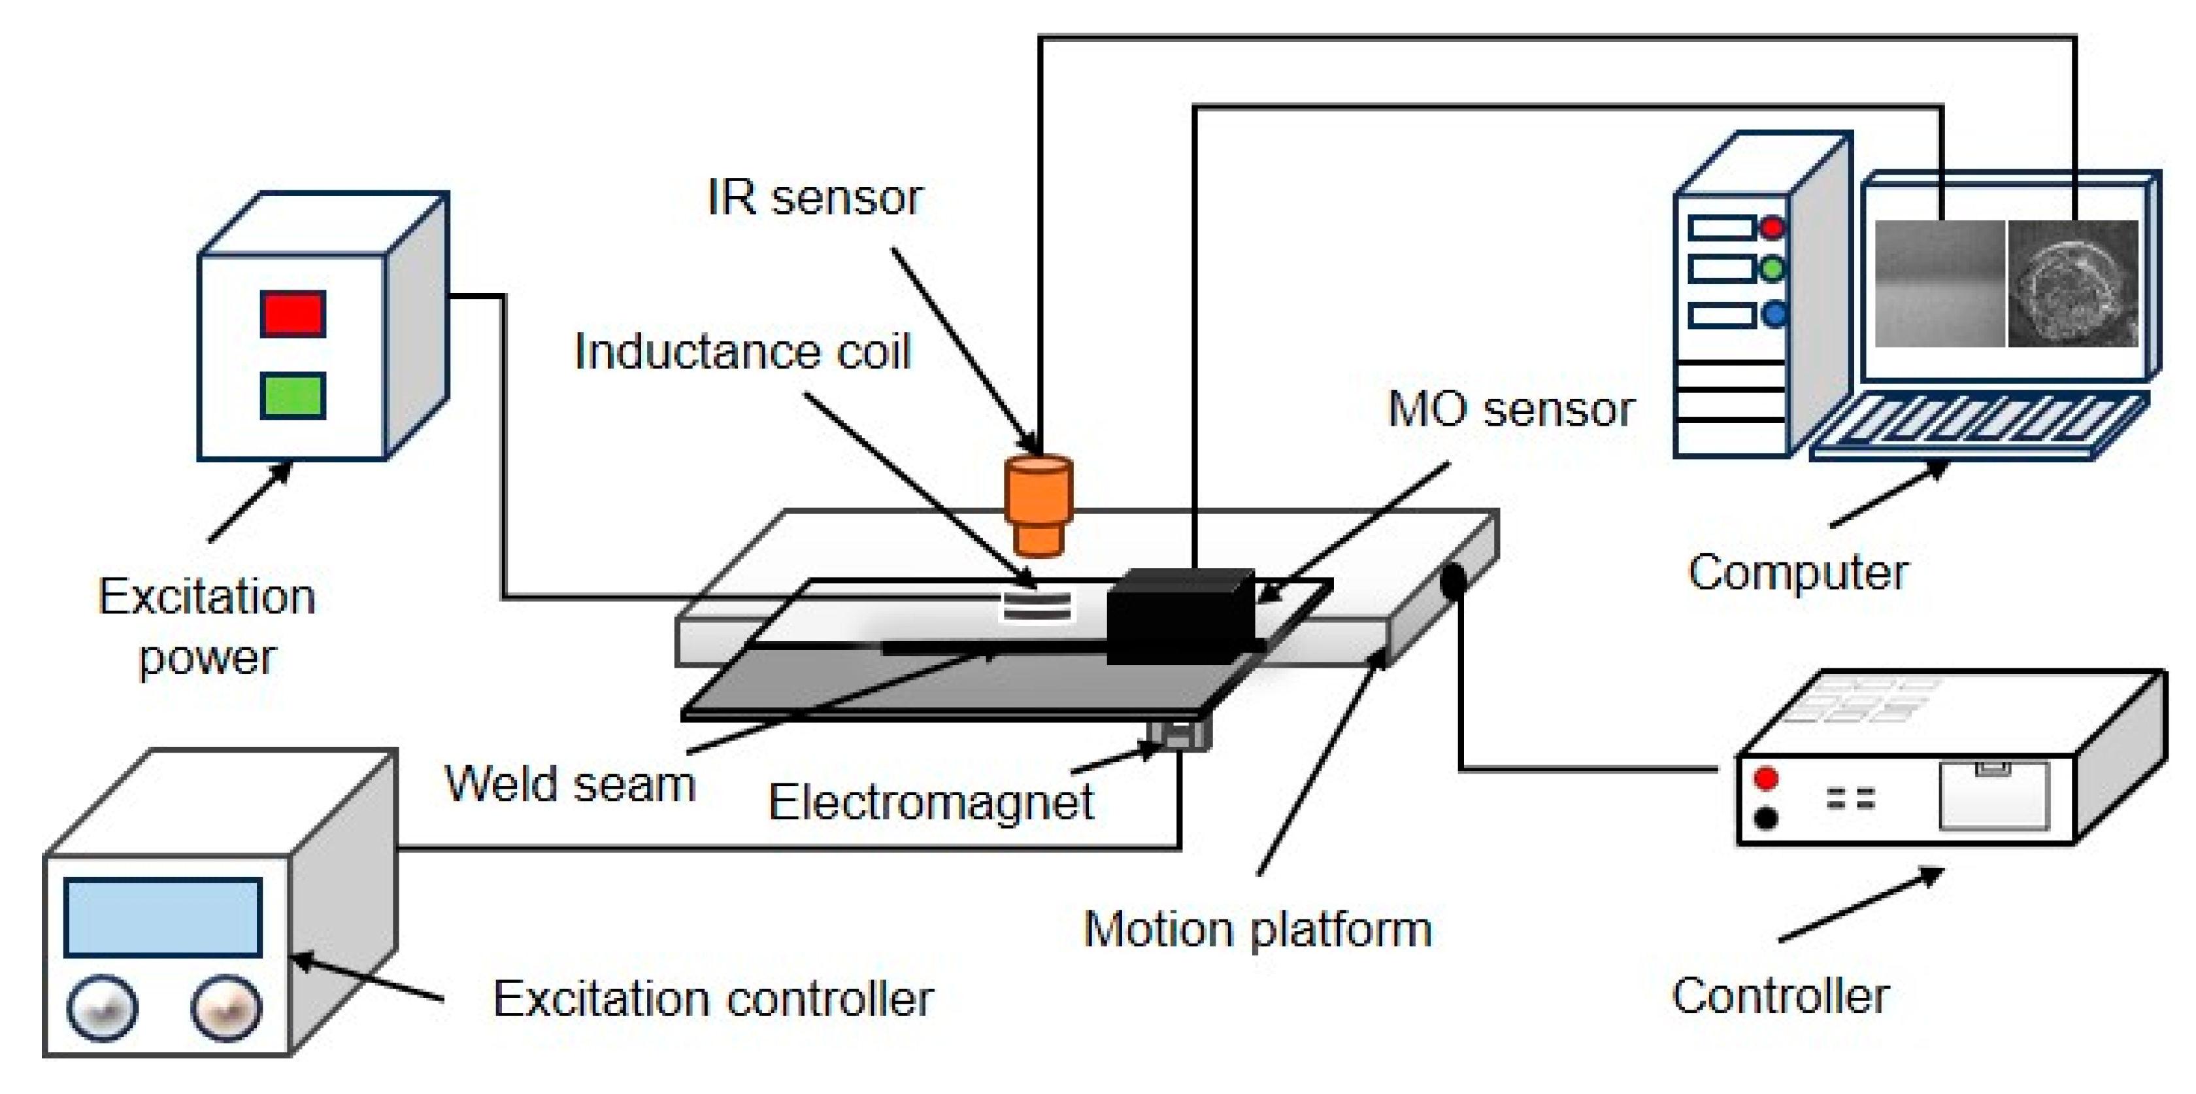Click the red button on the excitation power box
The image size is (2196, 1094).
point(292,314)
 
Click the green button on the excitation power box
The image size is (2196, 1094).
point(292,396)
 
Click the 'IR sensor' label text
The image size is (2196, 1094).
point(815,198)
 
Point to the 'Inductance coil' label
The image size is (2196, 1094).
point(742,351)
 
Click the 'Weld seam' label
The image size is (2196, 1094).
point(569,783)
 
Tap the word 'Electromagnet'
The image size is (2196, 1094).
point(931,802)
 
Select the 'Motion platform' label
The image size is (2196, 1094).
point(1257,929)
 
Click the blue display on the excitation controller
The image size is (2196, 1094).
point(163,917)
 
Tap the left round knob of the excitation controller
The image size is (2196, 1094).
point(103,1008)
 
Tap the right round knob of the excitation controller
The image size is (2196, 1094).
point(227,1008)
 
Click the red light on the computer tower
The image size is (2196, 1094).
point(1772,227)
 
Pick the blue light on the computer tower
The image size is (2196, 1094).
point(1774,315)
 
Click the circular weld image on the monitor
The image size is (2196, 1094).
point(2072,284)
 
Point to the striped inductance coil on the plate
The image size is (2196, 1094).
point(1037,606)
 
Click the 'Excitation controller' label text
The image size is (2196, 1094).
point(712,999)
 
